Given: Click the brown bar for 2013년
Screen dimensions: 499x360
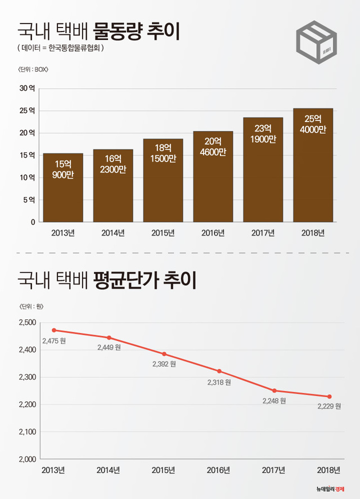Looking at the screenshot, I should click(x=63, y=188).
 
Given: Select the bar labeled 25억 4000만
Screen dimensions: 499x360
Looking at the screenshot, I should click(x=313, y=166).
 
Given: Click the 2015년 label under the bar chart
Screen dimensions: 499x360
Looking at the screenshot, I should click(x=163, y=233).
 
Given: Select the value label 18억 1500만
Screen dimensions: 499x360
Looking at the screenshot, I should click(x=163, y=152).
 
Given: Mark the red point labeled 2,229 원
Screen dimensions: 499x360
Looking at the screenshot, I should click(x=330, y=397).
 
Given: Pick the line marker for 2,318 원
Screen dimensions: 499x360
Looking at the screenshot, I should click(x=219, y=371).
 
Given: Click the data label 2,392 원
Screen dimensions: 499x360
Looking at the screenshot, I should click(x=164, y=364).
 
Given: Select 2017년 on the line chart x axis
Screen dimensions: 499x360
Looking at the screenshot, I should click(x=274, y=470).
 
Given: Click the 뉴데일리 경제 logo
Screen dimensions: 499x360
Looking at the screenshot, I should click(x=329, y=488).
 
